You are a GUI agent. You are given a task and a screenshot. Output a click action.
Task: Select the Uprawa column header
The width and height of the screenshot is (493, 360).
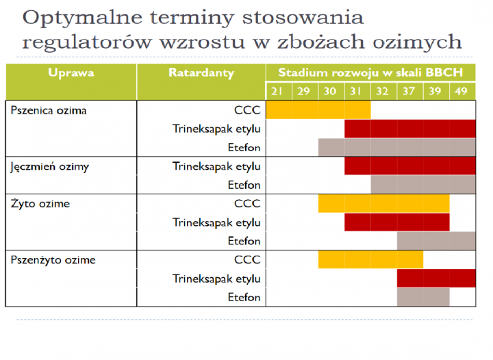click(71, 73)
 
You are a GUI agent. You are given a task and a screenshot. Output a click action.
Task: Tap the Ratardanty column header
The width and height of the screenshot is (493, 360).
click(201, 73)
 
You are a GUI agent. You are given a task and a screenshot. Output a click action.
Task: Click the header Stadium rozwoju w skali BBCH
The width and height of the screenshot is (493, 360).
click(370, 73)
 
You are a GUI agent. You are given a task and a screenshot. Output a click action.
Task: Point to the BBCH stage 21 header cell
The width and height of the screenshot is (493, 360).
click(278, 91)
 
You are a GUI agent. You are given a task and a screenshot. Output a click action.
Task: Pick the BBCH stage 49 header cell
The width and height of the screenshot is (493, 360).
click(462, 91)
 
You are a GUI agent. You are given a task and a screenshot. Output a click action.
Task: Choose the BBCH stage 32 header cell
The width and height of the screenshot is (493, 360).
click(383, 91)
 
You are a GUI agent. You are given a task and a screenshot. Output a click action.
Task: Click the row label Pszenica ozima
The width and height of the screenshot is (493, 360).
click(49, 110)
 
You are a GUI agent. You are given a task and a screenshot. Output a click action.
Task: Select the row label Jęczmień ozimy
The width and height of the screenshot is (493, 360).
click(49, 166)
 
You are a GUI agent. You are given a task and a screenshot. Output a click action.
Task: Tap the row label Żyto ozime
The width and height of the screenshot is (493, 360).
click(40, 204)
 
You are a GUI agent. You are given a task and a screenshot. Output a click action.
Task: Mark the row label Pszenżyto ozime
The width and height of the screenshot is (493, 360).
click(53, 260)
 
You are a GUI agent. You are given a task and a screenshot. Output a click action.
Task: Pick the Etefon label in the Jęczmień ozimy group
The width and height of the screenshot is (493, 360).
click(244, 185)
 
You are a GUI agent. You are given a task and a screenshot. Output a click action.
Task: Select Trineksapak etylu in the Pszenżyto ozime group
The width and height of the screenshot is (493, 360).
click(216, 279)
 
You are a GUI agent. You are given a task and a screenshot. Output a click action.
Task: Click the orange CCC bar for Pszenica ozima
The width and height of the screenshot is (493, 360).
click(318, 110)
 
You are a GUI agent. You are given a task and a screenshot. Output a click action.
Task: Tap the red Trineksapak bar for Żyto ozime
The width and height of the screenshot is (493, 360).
click(396, 222)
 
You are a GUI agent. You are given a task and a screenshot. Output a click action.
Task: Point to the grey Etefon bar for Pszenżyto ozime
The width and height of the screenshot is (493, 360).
click(422, 297)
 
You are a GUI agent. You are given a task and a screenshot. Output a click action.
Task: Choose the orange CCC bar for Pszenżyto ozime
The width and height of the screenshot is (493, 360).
click(370, 260)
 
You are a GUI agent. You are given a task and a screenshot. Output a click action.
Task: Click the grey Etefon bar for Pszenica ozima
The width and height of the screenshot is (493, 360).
click(396, 147)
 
